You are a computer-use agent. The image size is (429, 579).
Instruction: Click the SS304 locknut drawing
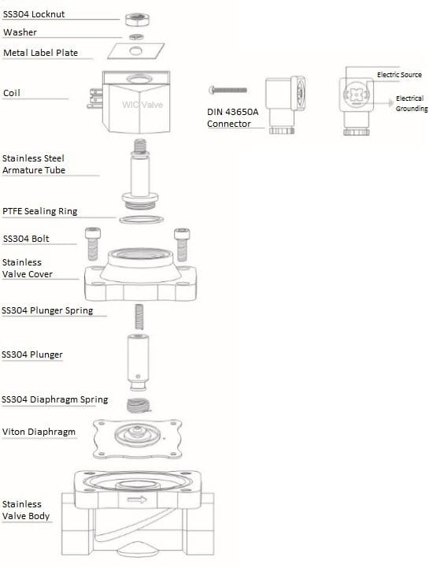click(137, 19)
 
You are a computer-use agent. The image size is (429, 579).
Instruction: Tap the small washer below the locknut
click(136, 37)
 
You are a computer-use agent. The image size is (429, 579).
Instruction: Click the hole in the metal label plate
click(135, 50)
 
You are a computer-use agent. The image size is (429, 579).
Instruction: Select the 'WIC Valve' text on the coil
click(142, 105)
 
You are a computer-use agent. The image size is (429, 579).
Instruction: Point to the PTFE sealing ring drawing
click(141, 220)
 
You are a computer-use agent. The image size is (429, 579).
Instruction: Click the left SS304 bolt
click(93, 243)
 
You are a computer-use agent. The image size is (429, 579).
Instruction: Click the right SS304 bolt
click(182, 244)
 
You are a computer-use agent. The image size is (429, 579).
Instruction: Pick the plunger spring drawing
click(139, 317)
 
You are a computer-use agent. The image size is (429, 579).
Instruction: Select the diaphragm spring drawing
click(139, 406)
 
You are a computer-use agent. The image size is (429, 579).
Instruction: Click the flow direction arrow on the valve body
click(137, 500)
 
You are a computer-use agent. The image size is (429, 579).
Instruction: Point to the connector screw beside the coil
click(227, 90)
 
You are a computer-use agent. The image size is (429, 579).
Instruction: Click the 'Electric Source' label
click(399, 75)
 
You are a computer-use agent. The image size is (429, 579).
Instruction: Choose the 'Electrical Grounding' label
click(412, 103)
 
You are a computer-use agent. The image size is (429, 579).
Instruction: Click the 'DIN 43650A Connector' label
click(233, 118)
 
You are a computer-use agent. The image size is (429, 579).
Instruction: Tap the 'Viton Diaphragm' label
click(39, 432)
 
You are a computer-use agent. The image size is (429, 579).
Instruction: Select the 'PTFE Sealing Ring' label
click(40, 211)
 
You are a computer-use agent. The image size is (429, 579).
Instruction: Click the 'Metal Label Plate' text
click(41, 53)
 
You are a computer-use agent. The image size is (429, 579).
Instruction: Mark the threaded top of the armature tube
click(140, 147)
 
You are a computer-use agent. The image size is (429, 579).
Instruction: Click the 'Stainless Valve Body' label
click(26, 510)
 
